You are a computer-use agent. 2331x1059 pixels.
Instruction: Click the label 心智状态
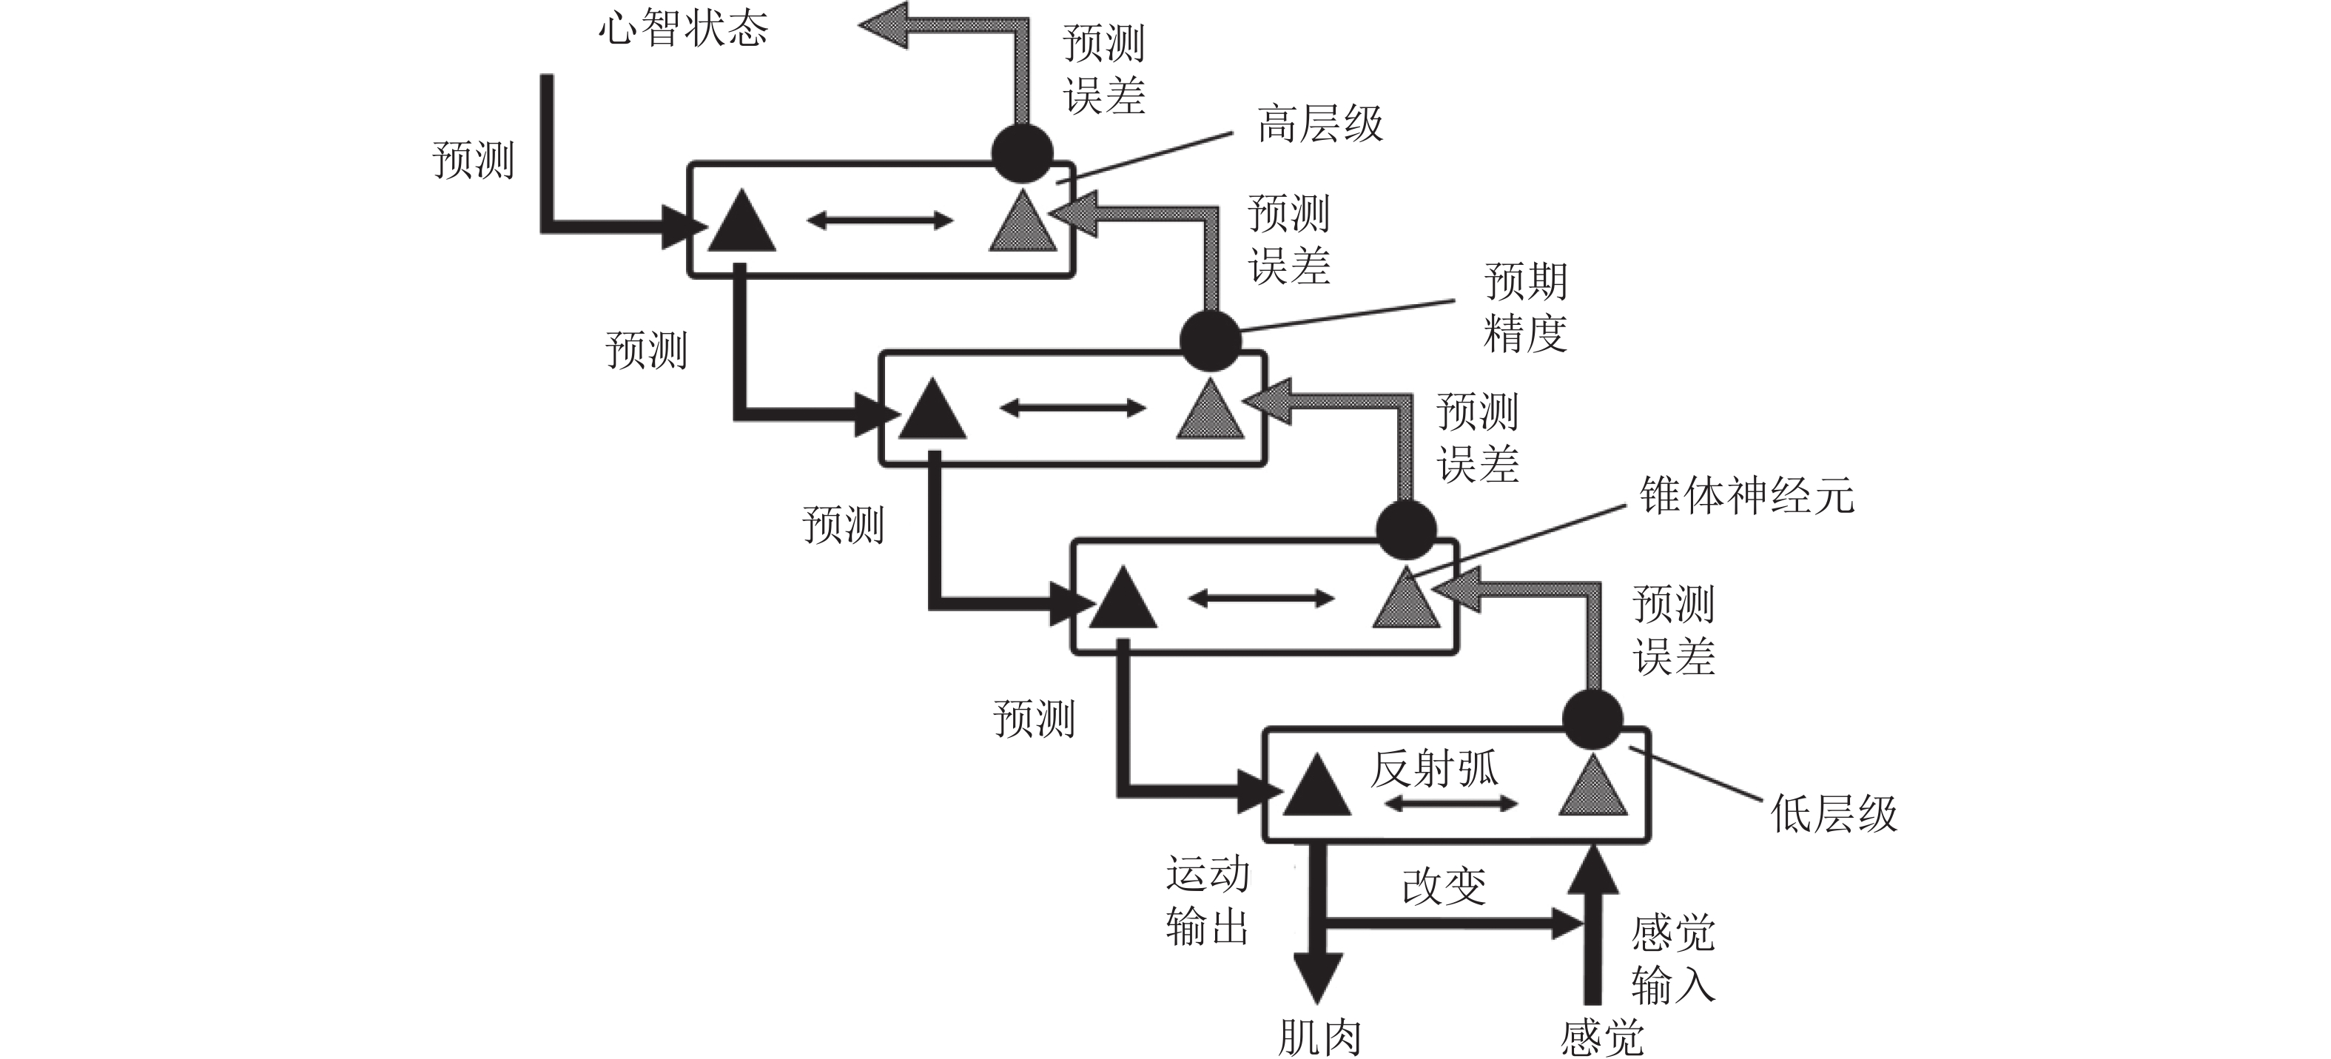(683, 28)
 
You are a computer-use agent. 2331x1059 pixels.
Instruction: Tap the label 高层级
(1320, 124)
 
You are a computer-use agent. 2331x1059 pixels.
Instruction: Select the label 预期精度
(1526, 308)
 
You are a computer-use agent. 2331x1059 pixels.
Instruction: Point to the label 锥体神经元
(1746, 496)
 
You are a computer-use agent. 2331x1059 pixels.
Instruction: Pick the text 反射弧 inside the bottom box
(1434, 770)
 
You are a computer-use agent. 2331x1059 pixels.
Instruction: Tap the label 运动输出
(1207, 901)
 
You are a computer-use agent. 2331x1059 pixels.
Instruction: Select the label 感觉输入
(1672, 959)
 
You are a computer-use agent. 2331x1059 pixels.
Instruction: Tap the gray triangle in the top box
(1023, 223)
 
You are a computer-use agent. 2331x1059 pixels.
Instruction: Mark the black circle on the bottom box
(1592, 719)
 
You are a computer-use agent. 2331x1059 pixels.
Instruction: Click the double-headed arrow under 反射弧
(1451, 804)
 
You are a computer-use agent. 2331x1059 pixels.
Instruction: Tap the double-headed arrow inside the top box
(880, 220)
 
